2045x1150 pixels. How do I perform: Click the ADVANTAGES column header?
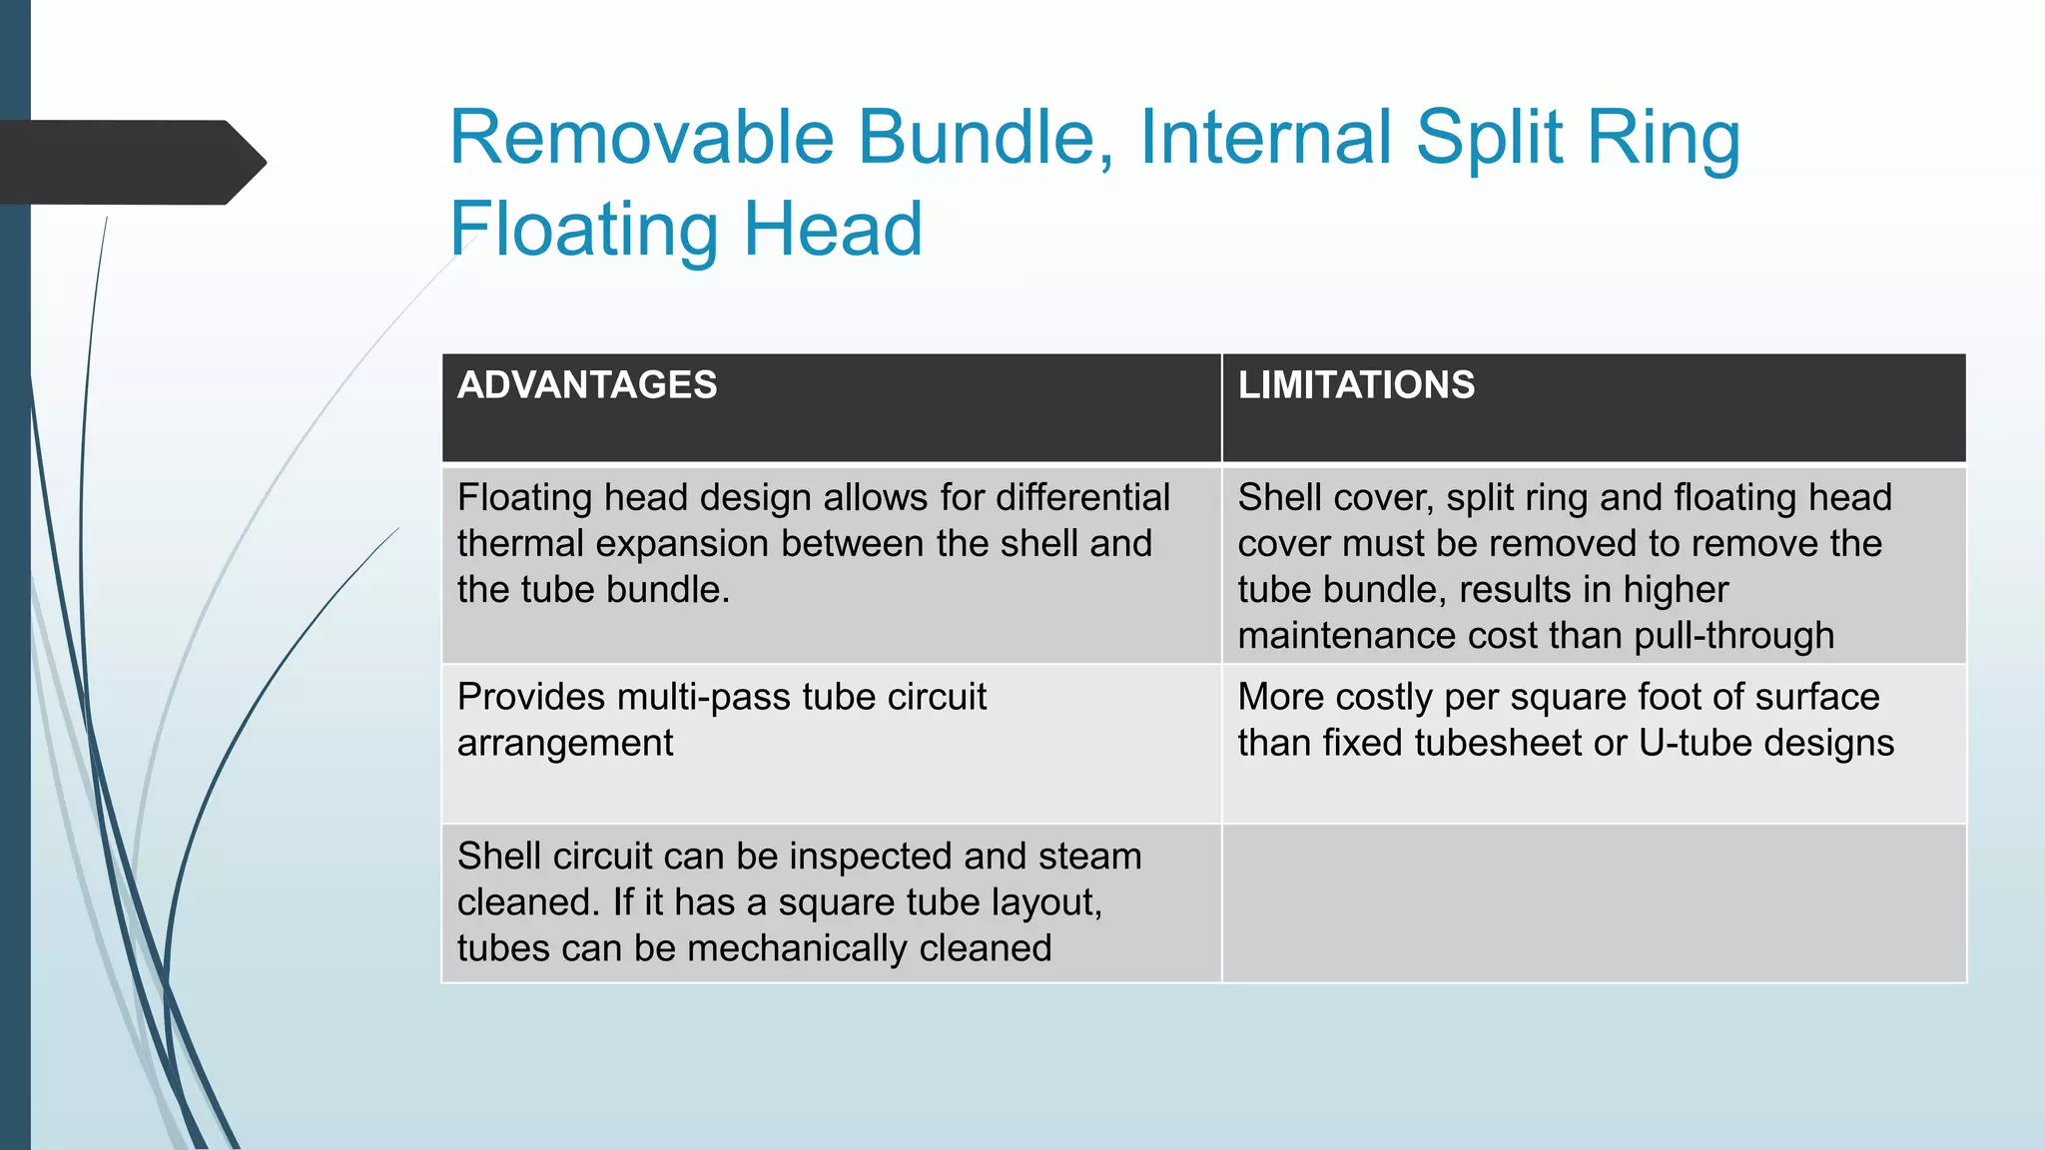587,385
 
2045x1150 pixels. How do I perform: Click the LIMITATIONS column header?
1356,385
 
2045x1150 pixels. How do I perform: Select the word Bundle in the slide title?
984,138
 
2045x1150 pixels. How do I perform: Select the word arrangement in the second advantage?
565,744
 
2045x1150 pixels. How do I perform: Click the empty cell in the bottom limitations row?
1594,903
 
